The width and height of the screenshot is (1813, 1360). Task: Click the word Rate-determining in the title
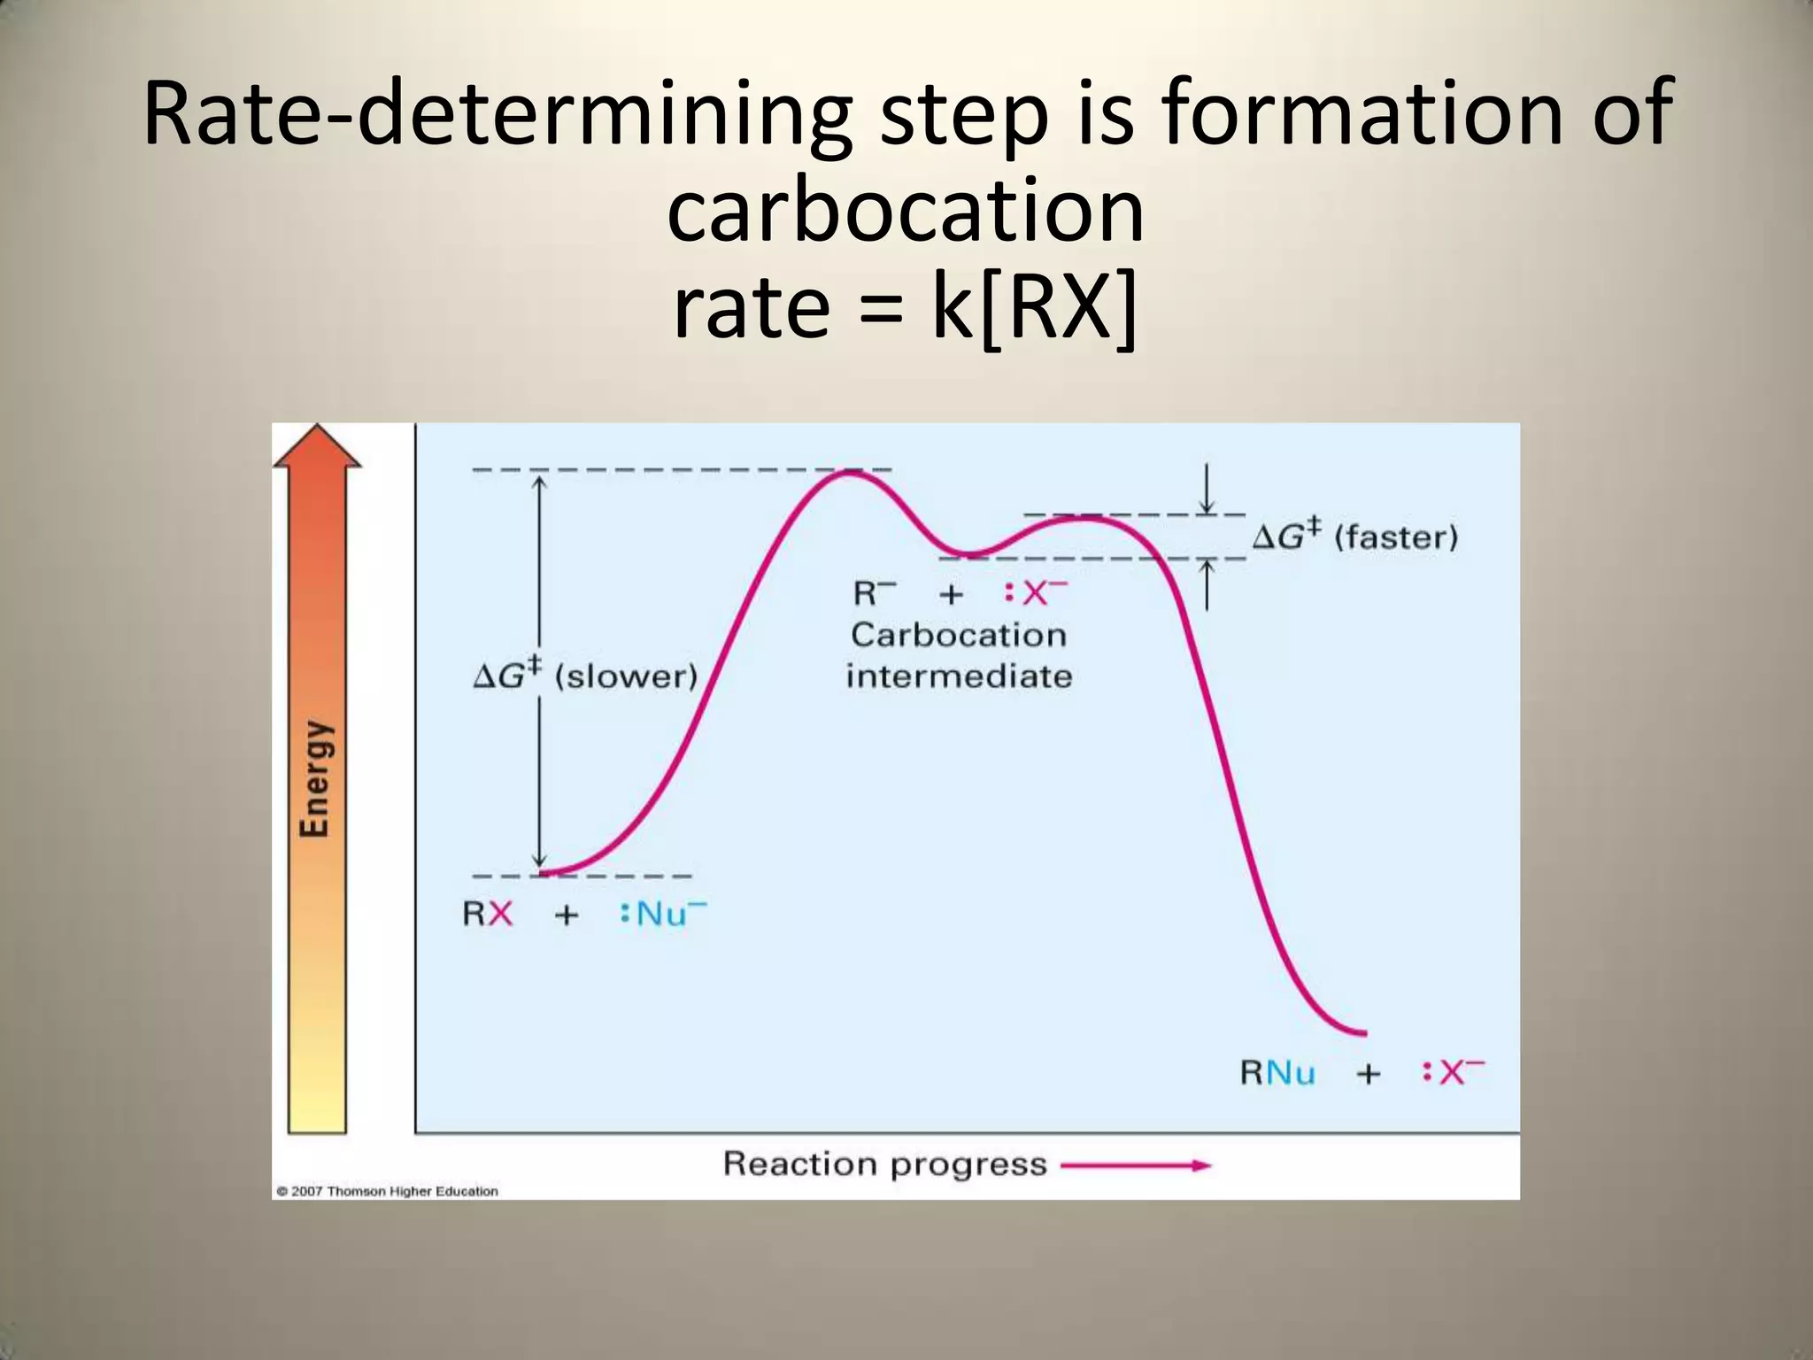coord(496,113)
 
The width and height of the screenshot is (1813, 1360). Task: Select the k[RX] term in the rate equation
coord(1034,307)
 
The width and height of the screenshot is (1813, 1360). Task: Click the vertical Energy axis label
coord(316,778)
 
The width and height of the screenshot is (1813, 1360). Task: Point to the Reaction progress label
coord(884,1163)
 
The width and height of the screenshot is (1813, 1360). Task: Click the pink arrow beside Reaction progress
coord(1135,1165)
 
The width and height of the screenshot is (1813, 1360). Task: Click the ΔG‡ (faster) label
coord(1354,537)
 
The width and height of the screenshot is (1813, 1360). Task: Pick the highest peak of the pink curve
coord(848,473)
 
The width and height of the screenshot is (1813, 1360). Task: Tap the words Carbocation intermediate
coord(959,655)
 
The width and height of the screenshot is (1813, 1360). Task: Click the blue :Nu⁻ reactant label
coord(663,913)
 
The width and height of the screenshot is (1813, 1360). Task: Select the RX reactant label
coord(488,913)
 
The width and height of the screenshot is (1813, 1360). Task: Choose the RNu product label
coord(1277,1073)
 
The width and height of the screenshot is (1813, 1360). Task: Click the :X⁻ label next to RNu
coord(1453,1072)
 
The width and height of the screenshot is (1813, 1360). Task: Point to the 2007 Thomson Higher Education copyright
coord(387,1192)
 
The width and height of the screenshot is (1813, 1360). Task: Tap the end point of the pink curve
coord(1364,1033)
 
